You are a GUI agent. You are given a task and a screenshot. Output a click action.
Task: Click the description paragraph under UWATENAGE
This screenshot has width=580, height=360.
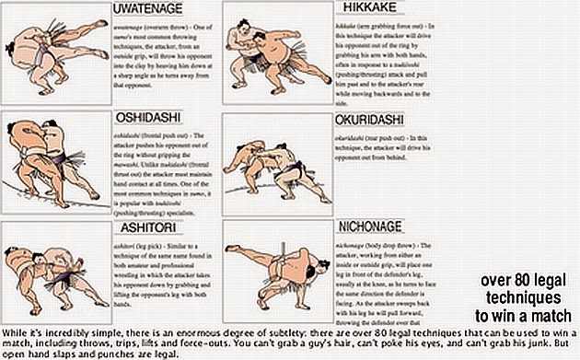[x=153, y=54]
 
